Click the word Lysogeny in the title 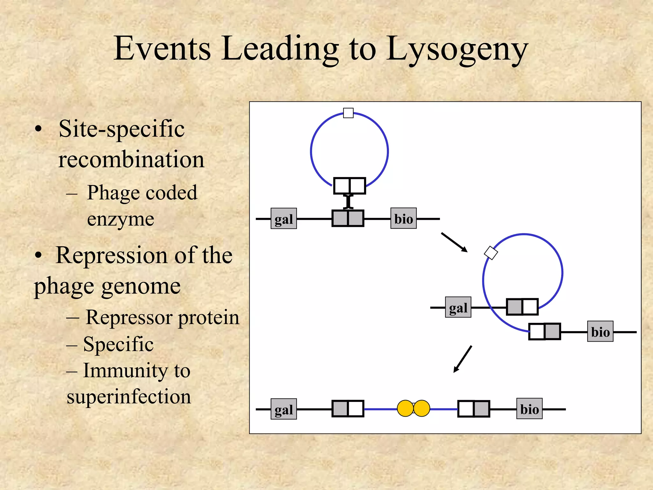tap(458, 50)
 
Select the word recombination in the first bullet tap(131, 159)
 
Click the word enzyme tap(121, 220)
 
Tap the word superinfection tap(129, 397)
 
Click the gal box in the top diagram tap(284, 219)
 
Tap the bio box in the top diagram tap(404, 218)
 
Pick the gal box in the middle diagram tap(458, 307)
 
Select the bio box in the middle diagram tap(600, 331)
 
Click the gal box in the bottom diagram tap(284, 409)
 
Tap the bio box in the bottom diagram tap(530, 409)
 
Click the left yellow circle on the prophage tap(406, 409)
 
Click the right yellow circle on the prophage tap(422, 409)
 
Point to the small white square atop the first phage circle tap(348, 113)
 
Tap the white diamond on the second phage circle tap(491, 253)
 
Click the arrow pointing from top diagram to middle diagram tap(454, 242)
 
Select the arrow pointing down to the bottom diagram tap(463, 359)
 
